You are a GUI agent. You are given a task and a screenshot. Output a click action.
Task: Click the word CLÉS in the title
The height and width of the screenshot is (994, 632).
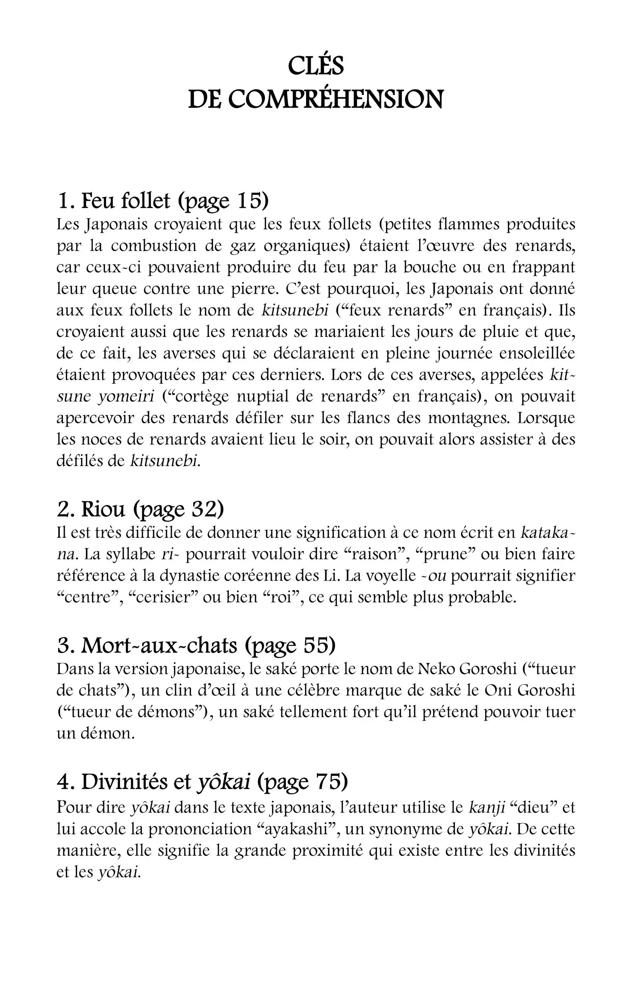(316, 66)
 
